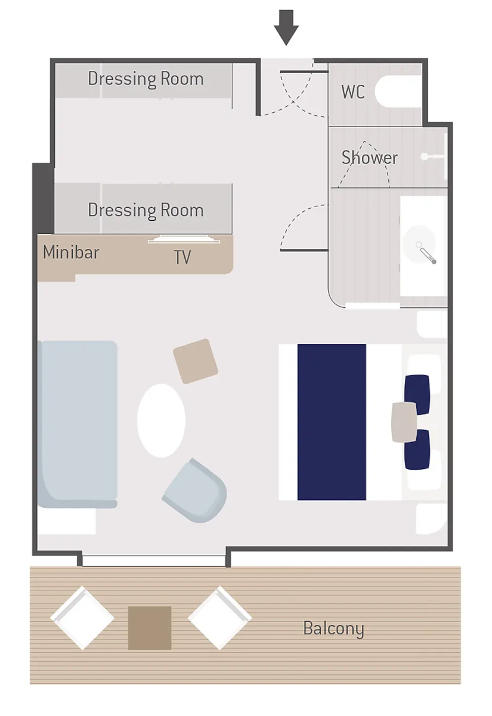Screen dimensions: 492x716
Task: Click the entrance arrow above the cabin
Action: click(x=286, y=27)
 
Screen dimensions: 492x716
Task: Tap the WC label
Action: click(x=353, y=92)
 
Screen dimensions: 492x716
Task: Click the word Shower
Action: click(x=370, y=158)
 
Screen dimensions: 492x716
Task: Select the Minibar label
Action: click(x=71, y=252)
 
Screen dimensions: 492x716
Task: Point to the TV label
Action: click(x=182, y=257)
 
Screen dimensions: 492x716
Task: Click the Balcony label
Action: click(x=333, y=628)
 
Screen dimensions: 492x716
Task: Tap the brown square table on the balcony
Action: click(x=150, y=628)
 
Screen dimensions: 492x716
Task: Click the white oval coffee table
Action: click(x=161, y=421)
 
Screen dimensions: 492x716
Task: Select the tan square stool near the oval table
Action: click(x=196, y=361)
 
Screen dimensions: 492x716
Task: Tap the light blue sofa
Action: click(x=78, y=424)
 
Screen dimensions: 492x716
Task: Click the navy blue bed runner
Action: click(x=332, y=422)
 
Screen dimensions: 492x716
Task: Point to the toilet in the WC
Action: click(x=398, y=91)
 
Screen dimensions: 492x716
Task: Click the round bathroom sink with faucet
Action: click(x=419, y=245)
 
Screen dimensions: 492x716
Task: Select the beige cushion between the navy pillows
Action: click(x=404, y=422)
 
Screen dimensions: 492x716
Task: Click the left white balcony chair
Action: click(x=82, y=618)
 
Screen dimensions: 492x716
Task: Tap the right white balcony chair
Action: click(x=220, y=618)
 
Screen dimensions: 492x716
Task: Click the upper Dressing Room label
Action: click(x=146, y=79)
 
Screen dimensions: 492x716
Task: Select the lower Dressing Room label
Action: click(x=146, y=210)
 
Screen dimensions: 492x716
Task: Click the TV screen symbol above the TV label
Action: click(x=184, y=239)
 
